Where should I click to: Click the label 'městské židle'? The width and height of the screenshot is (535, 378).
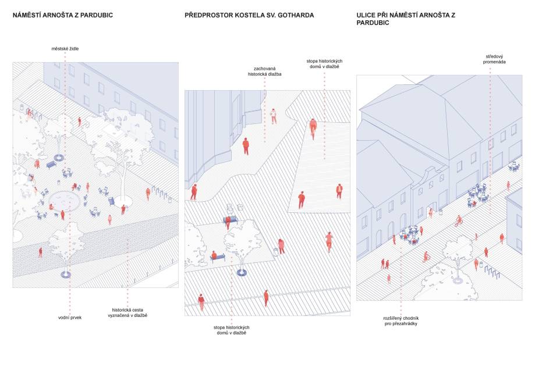[x=65, y=48]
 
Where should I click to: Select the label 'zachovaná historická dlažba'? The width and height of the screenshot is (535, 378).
[x=264, y=71]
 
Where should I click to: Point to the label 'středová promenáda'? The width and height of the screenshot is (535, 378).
[x=489, y=58]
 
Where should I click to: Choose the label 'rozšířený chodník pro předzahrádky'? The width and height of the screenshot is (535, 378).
[x=401, y=321]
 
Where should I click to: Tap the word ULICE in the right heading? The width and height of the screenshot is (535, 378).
[x=369, y=15]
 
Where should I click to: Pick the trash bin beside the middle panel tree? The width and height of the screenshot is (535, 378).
[x=276, y=252]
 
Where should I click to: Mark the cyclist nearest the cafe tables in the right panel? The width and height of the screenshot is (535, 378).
[x=459, y=220]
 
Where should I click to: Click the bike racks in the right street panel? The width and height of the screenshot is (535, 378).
[x=492, y=272]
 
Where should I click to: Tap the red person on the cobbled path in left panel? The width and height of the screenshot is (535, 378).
[x=40, y=252]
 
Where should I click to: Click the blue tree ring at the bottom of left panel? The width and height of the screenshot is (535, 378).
[x=66, y=274]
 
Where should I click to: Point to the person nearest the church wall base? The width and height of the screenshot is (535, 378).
[x=194, y=191]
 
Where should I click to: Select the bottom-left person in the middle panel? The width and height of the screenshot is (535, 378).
[x=201, y=301]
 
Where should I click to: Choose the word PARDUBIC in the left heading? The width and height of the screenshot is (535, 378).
[x=93, y=15]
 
